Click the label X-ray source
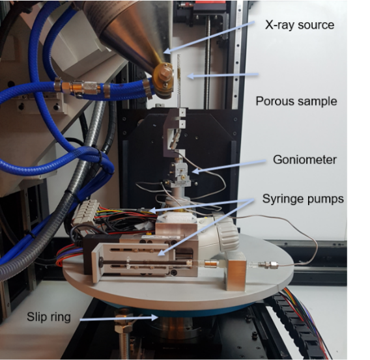click(x=300, y=25)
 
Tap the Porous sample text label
click(x=296, y=102)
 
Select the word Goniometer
click(x=305, y=160)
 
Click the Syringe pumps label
click(x=303, y=199)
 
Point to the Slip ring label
click(x=49, y=316)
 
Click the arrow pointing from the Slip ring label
click(x=119, y=318)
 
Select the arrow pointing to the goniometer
click(x=229, y=167)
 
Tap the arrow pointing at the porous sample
click(x=223, y=76)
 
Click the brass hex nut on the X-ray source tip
click(x=164, y=74)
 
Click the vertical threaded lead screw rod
click(x=208, y=64)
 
